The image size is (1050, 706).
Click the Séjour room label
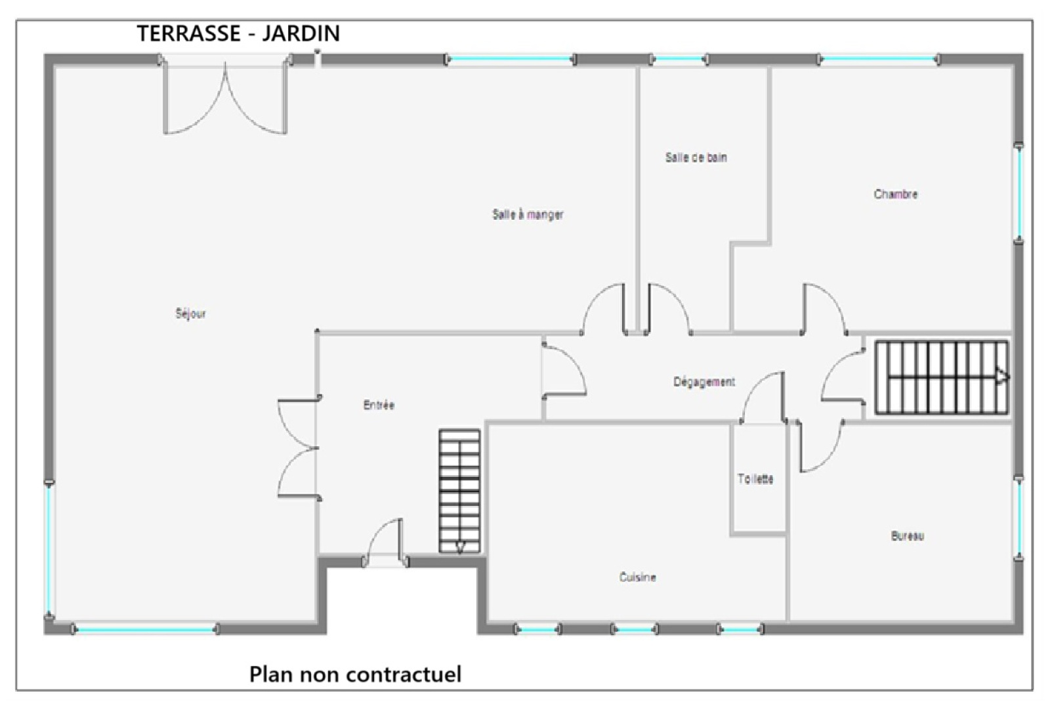[191, 314]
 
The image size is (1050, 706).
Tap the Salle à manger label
[528, 215]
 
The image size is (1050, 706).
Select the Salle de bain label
[696, 157]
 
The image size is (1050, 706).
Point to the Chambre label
[896, 194]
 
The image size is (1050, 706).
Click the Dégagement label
[704, 382]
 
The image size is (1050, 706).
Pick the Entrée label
[379, 405]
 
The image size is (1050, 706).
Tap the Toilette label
[755, 478]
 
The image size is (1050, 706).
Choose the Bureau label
[908, 536]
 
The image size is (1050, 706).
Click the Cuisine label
[637, 577]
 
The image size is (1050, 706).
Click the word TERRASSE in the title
[189, 33]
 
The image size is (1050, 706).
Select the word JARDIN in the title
[301, 33]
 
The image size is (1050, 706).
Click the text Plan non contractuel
[355, 674]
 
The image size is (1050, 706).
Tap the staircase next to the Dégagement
[942, 377]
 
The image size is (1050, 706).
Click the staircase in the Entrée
[459, 491]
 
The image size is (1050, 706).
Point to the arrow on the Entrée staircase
[460, 547]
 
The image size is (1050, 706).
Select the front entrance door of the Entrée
[385, 542]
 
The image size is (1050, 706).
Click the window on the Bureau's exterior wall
[1018, 518]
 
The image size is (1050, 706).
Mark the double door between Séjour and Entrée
[298, 448]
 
